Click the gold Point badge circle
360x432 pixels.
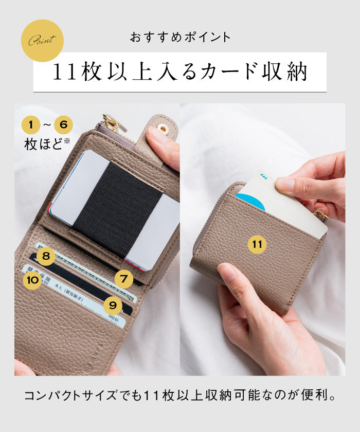tap(42, 41)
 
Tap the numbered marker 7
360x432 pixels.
tap(123, 279)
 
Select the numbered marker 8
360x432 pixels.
tap(46, 256)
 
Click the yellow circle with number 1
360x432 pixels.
tap(31, 124)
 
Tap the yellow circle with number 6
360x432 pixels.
tap(63, 124)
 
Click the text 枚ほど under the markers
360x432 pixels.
tap(43, 145)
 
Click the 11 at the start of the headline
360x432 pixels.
tap(65, 73)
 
